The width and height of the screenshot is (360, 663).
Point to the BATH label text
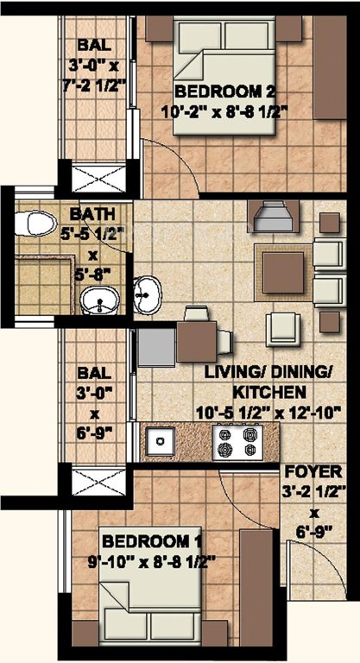click(x=87, y=212)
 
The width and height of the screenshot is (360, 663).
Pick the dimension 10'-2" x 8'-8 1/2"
click(x=224, y=110)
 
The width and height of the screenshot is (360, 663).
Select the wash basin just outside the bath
click(x=148, y=295)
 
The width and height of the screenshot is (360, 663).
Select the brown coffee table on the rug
click(x=282, y=272)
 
